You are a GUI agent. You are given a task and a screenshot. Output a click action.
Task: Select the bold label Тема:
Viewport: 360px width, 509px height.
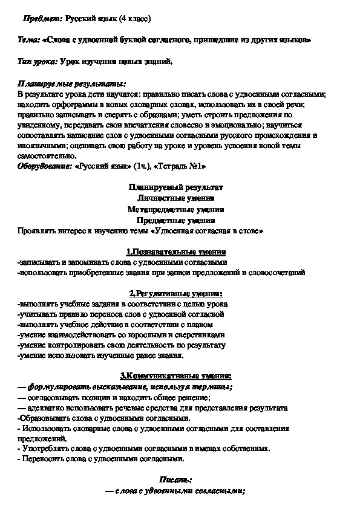click(x=29, y=41)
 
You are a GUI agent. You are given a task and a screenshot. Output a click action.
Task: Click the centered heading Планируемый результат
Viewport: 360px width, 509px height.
click(x=180, y=187)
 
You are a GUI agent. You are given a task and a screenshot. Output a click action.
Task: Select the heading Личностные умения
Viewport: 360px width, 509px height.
click(x=180, y=198)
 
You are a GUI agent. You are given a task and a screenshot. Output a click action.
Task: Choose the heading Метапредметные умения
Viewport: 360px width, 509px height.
click(x=180, y=209)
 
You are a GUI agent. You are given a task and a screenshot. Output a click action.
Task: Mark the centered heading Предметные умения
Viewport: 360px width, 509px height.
click(x=180, y=220)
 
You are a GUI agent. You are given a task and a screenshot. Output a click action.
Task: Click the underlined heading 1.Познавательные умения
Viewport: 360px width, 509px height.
click(x=180, y=251)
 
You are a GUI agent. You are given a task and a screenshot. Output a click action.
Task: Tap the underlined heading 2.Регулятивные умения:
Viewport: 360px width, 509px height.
click(x=180, y=293)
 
